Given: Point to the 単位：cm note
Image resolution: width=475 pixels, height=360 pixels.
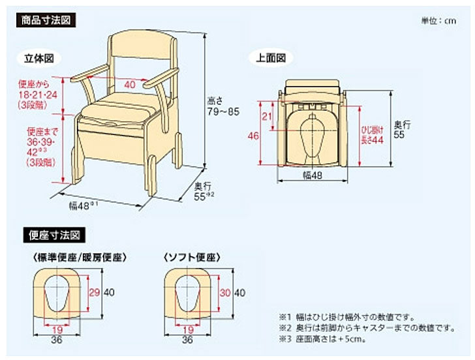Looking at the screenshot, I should (439, 21).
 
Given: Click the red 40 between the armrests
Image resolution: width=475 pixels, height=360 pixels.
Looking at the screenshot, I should (130, 84).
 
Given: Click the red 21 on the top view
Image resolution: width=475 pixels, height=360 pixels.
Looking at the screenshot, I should (266, 116).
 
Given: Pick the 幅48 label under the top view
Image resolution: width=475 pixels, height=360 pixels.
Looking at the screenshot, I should (312, 175).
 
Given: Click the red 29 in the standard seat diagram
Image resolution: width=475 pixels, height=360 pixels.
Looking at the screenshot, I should (94, 292).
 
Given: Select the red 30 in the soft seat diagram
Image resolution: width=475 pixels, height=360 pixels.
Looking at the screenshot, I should (224, 292).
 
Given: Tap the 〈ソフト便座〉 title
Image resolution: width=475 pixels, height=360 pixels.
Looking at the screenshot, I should (189, 258).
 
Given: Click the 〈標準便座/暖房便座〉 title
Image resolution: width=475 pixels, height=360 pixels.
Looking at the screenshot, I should (78, 258).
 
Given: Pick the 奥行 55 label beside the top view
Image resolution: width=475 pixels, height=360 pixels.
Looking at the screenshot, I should (403, 128).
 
